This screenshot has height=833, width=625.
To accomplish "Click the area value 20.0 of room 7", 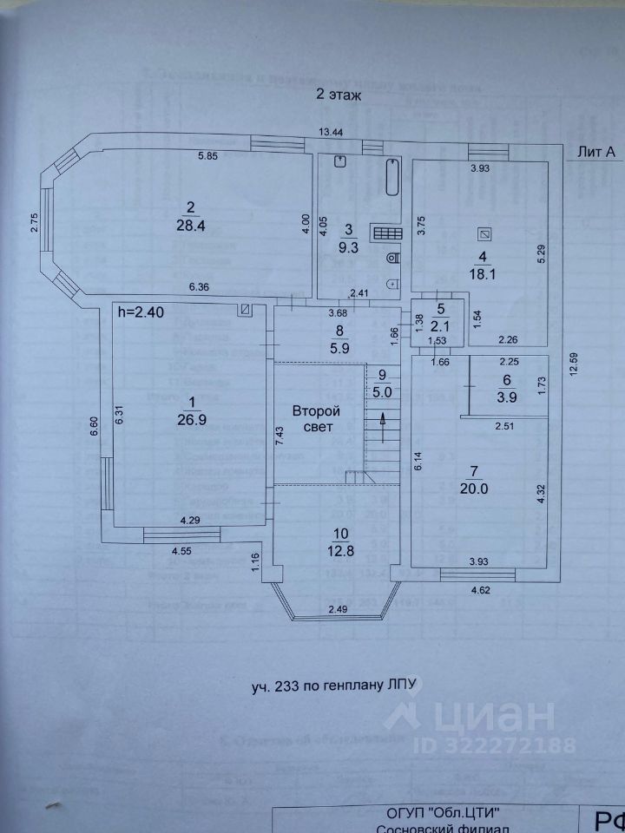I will [475, 488].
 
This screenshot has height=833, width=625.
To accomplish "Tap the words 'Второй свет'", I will [315, 420].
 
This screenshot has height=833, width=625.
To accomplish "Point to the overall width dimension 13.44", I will [330, 132].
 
